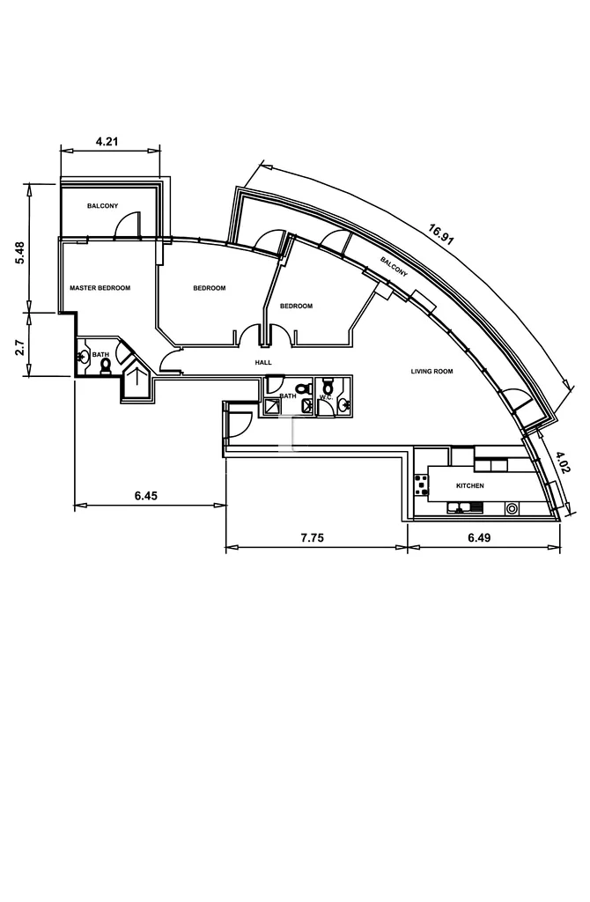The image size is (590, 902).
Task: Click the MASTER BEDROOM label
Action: pos(100,288)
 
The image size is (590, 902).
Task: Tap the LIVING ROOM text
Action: pos(431,372)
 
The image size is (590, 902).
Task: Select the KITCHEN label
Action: pos(470,486)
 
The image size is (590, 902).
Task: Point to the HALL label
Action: pos(263,362)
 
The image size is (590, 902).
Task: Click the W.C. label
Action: pos(327,396)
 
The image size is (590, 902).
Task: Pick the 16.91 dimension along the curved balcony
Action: pos(441,234)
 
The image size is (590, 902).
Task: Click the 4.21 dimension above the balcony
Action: pos(107,141)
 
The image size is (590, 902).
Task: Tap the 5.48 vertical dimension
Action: pos(19,253)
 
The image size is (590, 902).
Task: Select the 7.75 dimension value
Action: pos(313,538)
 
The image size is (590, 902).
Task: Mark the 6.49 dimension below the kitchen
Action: pos(479,538)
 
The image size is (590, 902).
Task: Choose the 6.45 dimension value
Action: pos(146,495)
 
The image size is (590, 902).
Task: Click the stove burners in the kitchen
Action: pos(422,484)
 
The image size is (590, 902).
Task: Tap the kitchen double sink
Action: pos(466,508)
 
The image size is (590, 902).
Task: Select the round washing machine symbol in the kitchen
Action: pos(512,508)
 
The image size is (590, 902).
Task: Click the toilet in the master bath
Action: pos(105,367)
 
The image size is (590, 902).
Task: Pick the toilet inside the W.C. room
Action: pos(328,383)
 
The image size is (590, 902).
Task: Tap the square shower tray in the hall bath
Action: pos(272,407)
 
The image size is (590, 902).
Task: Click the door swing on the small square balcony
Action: pos(128,225)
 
